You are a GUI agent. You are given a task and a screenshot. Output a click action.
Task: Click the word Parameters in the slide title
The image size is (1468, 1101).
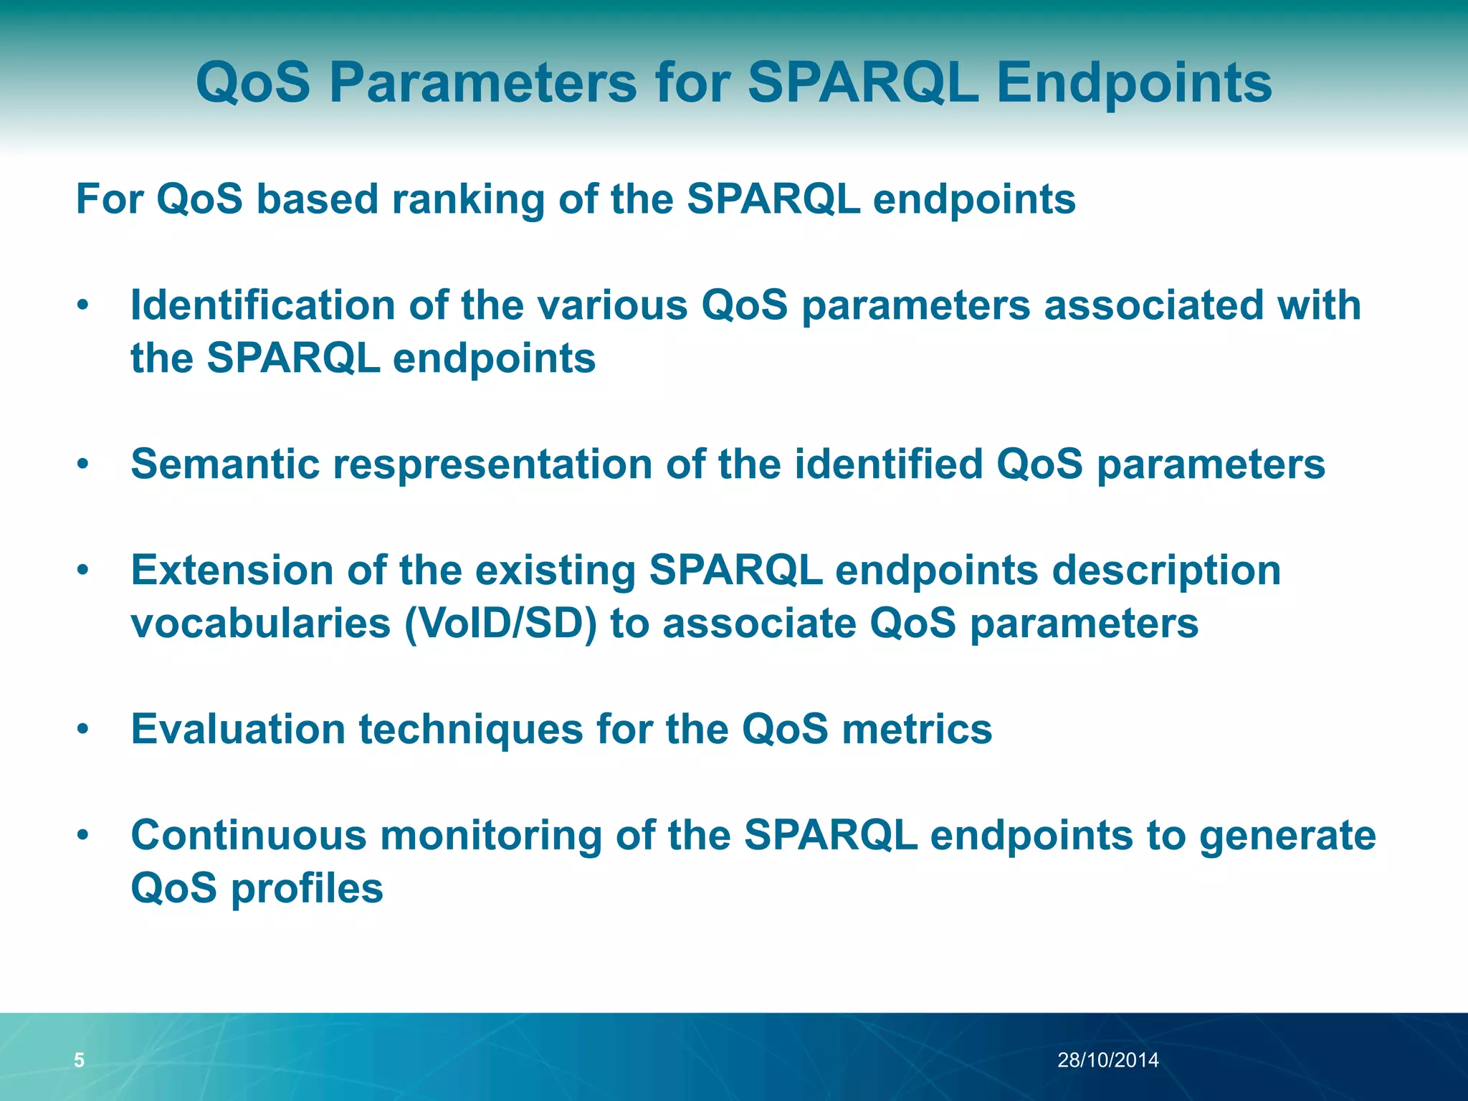(x=482, y=83)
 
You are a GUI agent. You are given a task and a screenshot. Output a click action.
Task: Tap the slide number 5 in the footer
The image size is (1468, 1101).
(x=80, y=1060)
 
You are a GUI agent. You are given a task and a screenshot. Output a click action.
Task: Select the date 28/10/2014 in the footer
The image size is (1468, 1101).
(x=1108, y=1060)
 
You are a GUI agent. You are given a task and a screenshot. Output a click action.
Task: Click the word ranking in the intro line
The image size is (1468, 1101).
(x=468, y=199)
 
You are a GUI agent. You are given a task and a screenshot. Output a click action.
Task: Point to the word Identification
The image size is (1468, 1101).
(x=262, y=305)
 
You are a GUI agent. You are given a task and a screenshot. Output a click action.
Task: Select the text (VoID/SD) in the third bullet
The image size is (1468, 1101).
(x=500, y=624)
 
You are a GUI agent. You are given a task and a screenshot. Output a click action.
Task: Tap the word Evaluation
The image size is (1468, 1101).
(x=238, y=730)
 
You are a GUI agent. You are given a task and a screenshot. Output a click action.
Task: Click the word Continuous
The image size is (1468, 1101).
(x=248, y=836)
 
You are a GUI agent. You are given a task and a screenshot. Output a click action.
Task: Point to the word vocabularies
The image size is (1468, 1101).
(x=261, y=624)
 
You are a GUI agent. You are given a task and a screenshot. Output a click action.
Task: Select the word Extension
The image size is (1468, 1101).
(x=232, y=571)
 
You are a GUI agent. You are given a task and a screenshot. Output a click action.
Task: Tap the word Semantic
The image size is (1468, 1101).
(x=225, y=464)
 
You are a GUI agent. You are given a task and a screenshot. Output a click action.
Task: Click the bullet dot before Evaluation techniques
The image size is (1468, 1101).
(x=84, y=730)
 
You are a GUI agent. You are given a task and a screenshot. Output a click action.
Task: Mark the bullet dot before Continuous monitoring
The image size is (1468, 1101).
(x=84, y=837)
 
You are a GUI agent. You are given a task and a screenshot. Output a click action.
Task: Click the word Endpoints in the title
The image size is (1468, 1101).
(x=1134, y=83)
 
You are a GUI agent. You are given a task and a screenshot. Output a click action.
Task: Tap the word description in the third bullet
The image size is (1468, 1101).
(x=1166, y=571)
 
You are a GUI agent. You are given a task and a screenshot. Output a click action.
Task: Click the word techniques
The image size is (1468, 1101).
(x=471, y=730)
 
